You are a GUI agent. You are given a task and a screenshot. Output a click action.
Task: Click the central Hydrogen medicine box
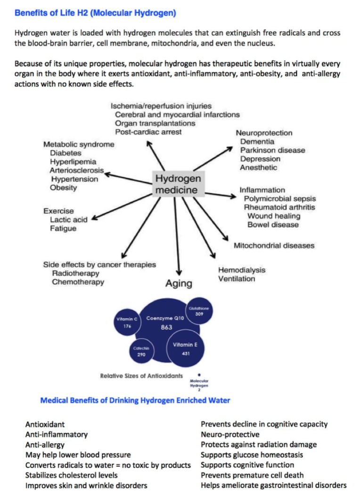[178, 184]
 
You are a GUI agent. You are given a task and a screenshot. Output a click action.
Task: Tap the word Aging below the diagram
[179, 283]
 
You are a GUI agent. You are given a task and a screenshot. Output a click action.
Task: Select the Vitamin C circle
[127, 322]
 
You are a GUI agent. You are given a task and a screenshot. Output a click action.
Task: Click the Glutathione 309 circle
[199, 311]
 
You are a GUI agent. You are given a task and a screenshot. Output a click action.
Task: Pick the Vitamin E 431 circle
[185, 348]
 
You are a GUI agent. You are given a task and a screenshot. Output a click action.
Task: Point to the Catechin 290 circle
[141, 351]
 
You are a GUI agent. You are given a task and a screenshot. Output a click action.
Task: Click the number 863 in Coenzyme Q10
[166, 327]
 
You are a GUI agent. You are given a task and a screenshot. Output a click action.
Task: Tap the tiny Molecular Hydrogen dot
[199, 375]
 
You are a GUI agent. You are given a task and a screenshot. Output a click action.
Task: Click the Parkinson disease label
[273, 150]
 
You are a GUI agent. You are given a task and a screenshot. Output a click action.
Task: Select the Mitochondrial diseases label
[274, 246]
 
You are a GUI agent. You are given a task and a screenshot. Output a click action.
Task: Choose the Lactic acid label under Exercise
[69, 220]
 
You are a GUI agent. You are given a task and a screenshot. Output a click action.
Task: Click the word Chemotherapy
[78, 282]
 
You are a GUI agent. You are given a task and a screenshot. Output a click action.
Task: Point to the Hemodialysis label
[242, 270]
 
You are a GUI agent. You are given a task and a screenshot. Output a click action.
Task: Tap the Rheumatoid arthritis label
[279, 207]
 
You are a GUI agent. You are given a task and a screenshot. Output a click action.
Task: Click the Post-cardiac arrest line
[148, 132]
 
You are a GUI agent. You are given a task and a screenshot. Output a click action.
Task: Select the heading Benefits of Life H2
[95, 13]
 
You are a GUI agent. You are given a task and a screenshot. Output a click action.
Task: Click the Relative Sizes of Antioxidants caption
[141, 376]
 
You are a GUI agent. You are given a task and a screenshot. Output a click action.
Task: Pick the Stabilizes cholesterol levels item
[71, 475]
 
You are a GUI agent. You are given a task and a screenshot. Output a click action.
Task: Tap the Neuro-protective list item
[230, 435]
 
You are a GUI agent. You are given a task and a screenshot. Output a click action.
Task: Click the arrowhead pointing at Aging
[179, 272]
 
